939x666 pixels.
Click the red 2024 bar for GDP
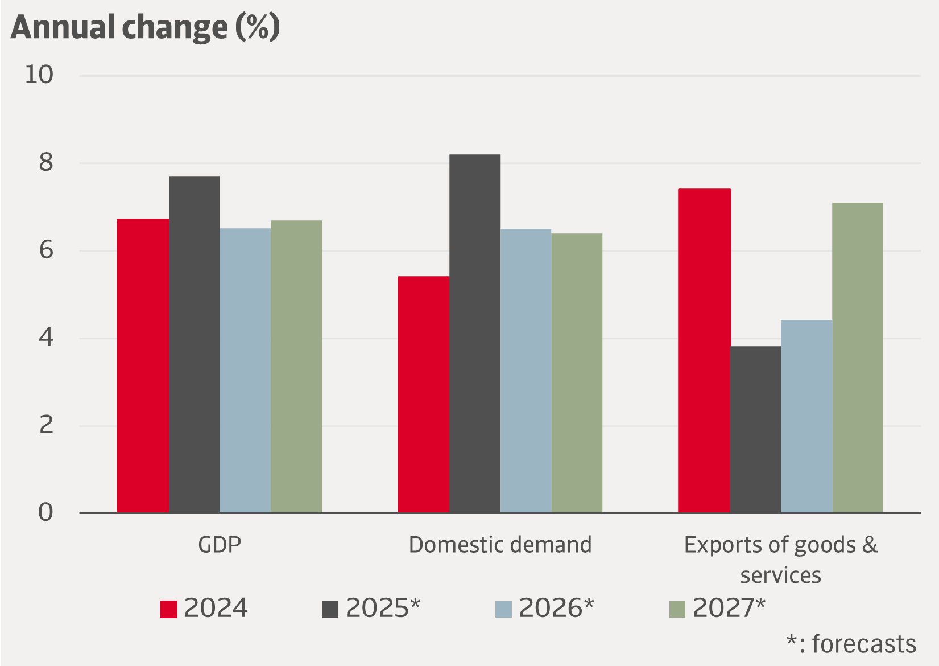click(x=143, y=365)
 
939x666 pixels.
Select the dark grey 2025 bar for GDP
click(x=194, y=344)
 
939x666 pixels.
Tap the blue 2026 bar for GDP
click(x=245, y=370)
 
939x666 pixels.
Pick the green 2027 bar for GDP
click(x=296, y=366)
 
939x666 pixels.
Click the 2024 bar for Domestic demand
click(x=423, y=394)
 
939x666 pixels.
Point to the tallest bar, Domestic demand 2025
click(x=475, y=333)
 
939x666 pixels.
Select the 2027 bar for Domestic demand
click(x=577, y=373)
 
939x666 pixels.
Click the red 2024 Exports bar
click(x=704, y=350)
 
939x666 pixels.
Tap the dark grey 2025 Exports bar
click(x=755, y=429)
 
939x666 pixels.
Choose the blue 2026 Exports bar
click(x=806, y=416)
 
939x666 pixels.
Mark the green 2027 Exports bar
click(x=857, y=357)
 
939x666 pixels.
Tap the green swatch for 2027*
click(x=677, y=609)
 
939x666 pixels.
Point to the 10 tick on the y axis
click(x=39, y=75)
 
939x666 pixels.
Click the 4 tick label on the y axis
click(x=45, y=338)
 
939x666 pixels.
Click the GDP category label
click(x=220, y=545)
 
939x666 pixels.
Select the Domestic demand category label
click(x=500, y=545)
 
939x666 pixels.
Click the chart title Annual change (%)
click(x=146, y=27)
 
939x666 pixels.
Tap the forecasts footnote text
click(x=851, y=644)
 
